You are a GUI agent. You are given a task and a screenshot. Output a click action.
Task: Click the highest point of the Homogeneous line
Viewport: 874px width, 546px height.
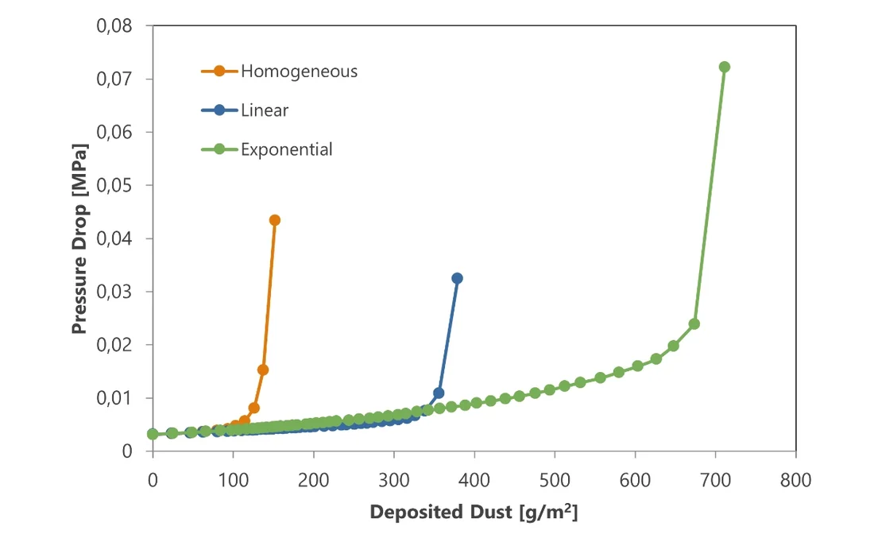275,220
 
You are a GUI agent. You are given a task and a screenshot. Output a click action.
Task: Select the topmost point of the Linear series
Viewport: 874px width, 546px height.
457,278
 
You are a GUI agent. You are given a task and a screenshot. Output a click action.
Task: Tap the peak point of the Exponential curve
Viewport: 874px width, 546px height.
724,67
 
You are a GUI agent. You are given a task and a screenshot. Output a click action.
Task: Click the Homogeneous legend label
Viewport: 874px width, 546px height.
299,72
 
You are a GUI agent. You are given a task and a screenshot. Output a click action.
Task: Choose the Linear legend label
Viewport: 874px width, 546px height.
265,110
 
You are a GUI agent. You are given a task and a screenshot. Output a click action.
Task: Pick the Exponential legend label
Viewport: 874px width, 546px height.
287,149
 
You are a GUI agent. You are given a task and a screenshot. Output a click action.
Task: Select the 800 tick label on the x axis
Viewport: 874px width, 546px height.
795,481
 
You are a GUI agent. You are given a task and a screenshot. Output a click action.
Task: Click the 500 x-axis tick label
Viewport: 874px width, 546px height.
555,481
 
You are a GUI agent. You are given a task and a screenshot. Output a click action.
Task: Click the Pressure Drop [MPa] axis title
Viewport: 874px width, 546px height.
79,238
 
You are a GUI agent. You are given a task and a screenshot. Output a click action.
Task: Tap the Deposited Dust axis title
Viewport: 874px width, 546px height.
474,513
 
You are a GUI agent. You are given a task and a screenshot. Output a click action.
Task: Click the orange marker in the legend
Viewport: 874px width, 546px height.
220,72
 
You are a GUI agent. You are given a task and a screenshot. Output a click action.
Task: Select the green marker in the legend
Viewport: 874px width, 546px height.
220,149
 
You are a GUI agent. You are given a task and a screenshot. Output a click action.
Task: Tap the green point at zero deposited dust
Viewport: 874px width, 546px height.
153,434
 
